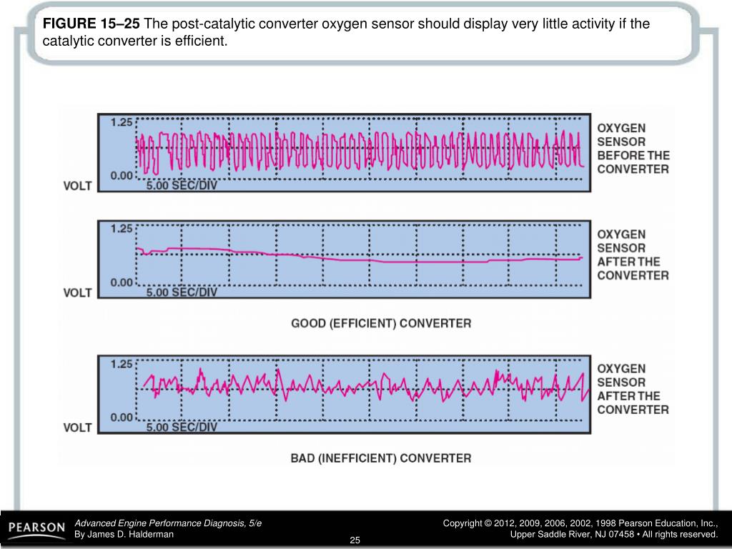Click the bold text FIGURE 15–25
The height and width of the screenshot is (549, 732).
[91, 24]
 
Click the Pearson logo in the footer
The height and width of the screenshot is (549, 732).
[36, 528]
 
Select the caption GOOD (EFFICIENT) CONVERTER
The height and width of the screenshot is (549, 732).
[381, 323]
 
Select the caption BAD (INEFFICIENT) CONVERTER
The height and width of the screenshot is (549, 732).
[381, 458]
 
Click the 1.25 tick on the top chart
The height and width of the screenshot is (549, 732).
[122, 122]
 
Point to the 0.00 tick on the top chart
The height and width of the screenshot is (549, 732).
[122, 175]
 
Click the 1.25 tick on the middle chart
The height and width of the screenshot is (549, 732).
[122, 229]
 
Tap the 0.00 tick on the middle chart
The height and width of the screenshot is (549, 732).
[122, 282]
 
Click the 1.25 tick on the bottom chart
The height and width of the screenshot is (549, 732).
[122, 364]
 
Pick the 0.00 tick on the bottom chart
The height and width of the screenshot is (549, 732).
[122, 417]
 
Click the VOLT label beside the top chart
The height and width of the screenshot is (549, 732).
[78, 186]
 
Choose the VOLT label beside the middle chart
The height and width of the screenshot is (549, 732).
[78, 292]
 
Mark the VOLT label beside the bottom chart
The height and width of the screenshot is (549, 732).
[78, 427]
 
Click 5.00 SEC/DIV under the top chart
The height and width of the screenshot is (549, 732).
[182, 185]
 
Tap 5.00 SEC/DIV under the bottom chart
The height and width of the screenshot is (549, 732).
[182, 427]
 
